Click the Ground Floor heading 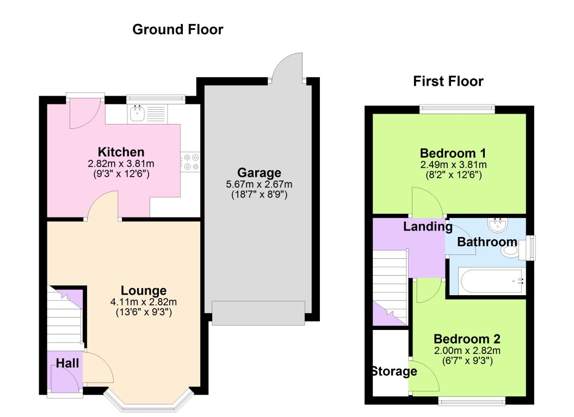(177, 29)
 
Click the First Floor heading (448, 82)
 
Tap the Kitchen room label (121, 152)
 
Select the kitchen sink (137, 114)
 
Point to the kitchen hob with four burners (191, 162)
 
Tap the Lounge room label (144, 290)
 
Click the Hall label (67, 363)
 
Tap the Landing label (427, 227)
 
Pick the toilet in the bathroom (510, 251)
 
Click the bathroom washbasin (496, 225)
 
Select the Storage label (394, 372)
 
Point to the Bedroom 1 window (457, 109)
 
